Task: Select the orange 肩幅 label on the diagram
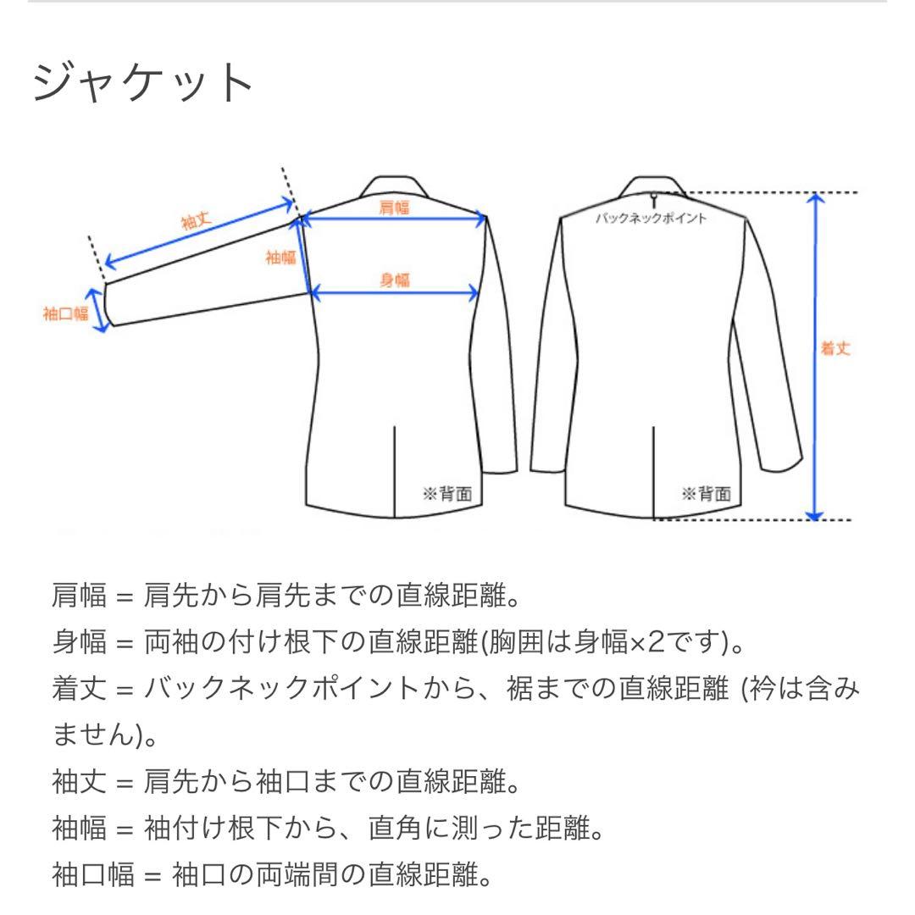[x=393, y=208]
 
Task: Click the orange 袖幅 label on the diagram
[x=280, y=258]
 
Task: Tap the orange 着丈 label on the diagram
[x=835, y=348]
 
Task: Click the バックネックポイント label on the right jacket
[x=652, y=219]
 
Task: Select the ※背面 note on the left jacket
[x=446, y=494]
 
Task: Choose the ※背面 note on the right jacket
[x=705, y=494]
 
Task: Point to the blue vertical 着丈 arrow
[x=814, y=356]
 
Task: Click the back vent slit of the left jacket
[x=396, y=470]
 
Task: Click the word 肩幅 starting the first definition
[x=80, y=597]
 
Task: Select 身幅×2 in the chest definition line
[x=620, y=645]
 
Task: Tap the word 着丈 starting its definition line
[x=80, y=690]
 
